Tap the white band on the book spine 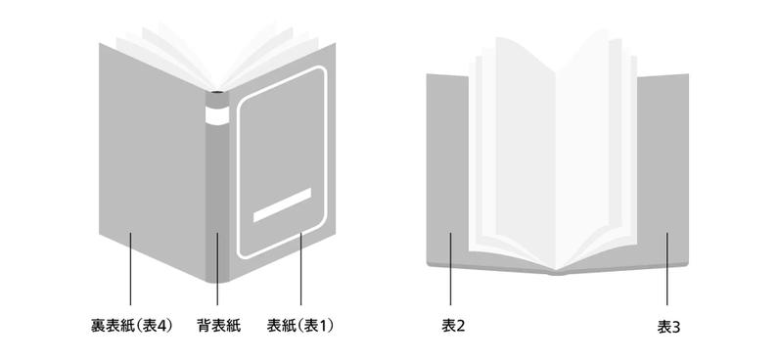tap(214, 116)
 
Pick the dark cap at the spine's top tap(214, 99)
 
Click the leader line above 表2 tap(451, 270)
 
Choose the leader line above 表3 tap(668, 270)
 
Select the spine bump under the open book tap(557, 273)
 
